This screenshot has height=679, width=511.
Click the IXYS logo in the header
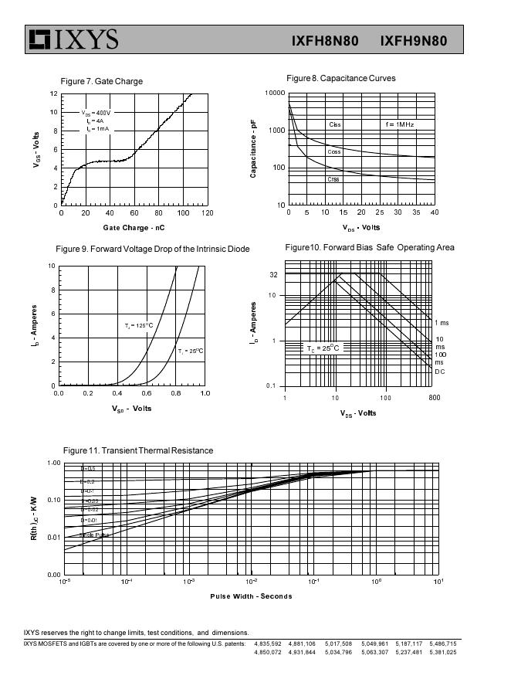click(x=73, y=39)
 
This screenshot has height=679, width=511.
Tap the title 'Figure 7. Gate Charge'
click(x=101, y=81)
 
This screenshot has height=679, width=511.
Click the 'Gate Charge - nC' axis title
click(x=134, y=227)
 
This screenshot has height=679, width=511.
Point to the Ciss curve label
click(x=334, y=124)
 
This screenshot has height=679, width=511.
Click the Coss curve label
click(x=333, y=152)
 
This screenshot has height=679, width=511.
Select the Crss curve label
click(x=333, y=179)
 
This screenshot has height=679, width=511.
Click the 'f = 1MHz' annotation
click(x=400, y=124)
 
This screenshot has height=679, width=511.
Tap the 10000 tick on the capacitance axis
click(x=275, y=93)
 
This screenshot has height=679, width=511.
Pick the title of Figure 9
click(x=153, y=249)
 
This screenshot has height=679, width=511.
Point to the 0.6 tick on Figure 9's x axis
click(x=147, y=393)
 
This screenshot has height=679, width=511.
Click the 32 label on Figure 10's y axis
click(x=273, y=275)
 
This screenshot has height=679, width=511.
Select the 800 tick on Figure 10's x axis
click(x=435, y=398)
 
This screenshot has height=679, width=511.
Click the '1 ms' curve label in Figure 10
click(x=442, y=323)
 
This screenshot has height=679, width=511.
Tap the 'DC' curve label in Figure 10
click(x=439, y=371)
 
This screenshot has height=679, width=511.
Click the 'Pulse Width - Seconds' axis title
click(x=251, y=596)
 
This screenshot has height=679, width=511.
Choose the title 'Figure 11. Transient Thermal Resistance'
click(x=138, y=450)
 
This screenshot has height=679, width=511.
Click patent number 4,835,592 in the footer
click(x=268, y=643)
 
